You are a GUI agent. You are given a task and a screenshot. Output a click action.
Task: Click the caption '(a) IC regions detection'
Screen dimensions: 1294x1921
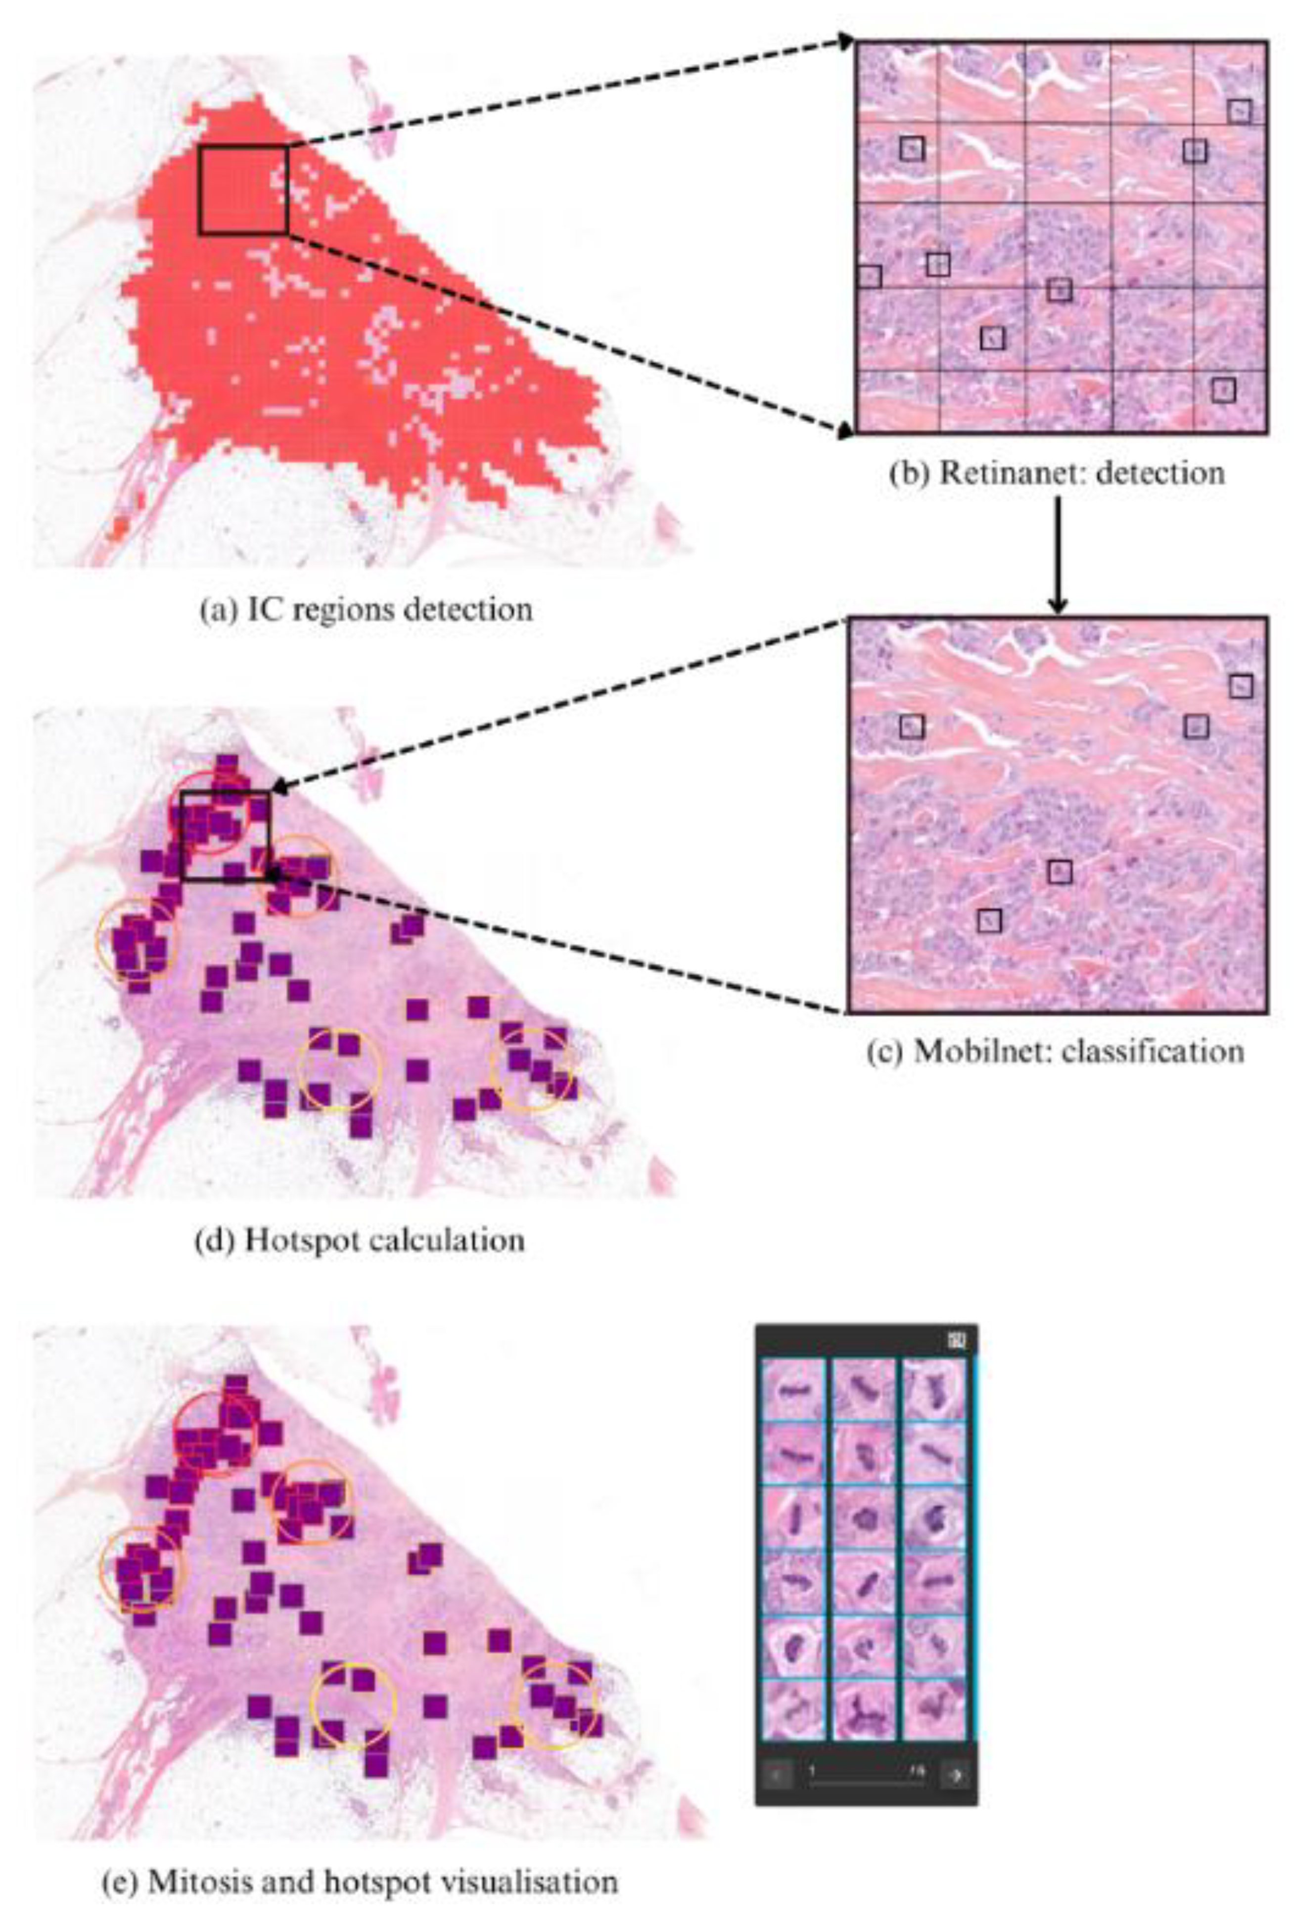pos(367,610)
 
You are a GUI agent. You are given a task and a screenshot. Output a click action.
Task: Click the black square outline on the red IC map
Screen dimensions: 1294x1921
pos(243,190)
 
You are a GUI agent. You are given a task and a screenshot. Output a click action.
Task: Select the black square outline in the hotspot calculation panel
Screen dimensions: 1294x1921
pos(225,835)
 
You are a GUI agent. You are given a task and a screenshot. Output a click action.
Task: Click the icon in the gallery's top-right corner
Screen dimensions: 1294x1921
pos(957,1340)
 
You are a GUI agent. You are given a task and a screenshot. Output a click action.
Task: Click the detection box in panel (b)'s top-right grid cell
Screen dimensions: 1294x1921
pos(1239,111)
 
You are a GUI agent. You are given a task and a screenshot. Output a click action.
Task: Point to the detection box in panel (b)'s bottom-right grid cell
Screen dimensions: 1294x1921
pos(1224,390)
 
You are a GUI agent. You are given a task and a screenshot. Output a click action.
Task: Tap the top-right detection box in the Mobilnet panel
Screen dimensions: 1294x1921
pos(1241,686)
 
